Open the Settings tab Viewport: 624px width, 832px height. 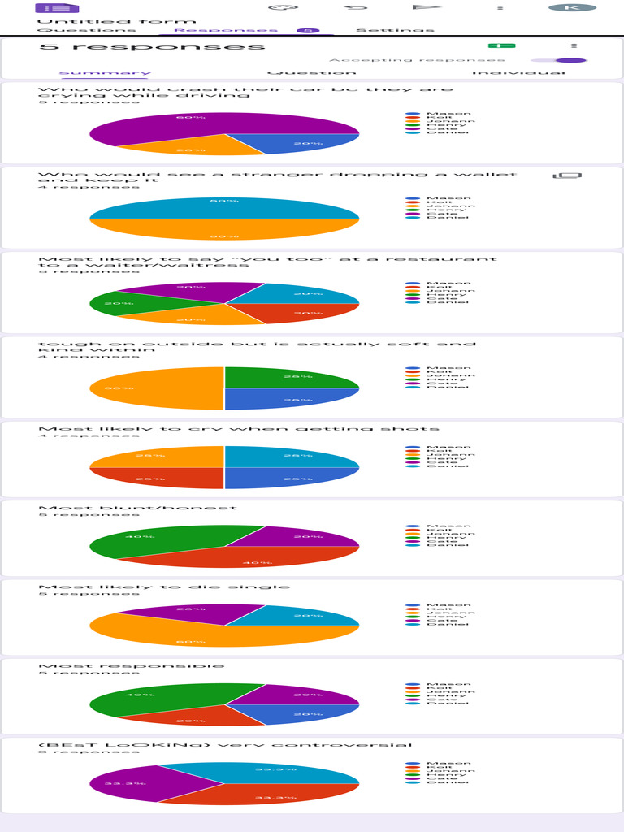[x=395, y=30]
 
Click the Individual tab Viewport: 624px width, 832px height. [x=518, y=73]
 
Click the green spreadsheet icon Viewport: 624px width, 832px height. [x=501, y=46]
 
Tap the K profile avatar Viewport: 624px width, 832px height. [x=571, y=7]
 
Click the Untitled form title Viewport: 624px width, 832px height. [x=117, y=21]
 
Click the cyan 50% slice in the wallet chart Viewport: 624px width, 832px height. [x=223, y=207]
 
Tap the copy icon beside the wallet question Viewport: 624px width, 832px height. [x=567, y=175]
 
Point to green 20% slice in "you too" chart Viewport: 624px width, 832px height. [x=114, y=304]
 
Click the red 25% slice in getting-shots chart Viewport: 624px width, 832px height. [x=158, y=478]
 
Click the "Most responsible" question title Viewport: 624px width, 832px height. [x=132, y=666]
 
